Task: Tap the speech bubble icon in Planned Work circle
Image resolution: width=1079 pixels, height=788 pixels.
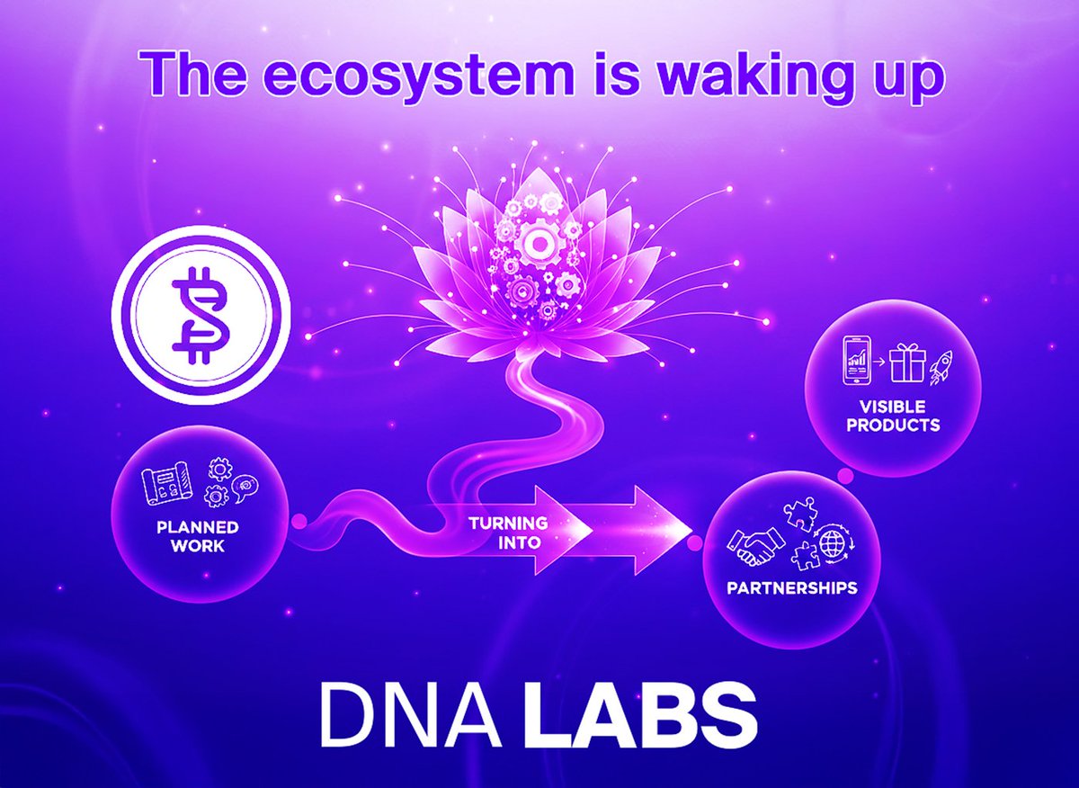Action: pyautogui.click(x=243, y=487)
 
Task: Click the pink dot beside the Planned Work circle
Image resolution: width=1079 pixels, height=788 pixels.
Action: pyautogui.click(x=299, y=519)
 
